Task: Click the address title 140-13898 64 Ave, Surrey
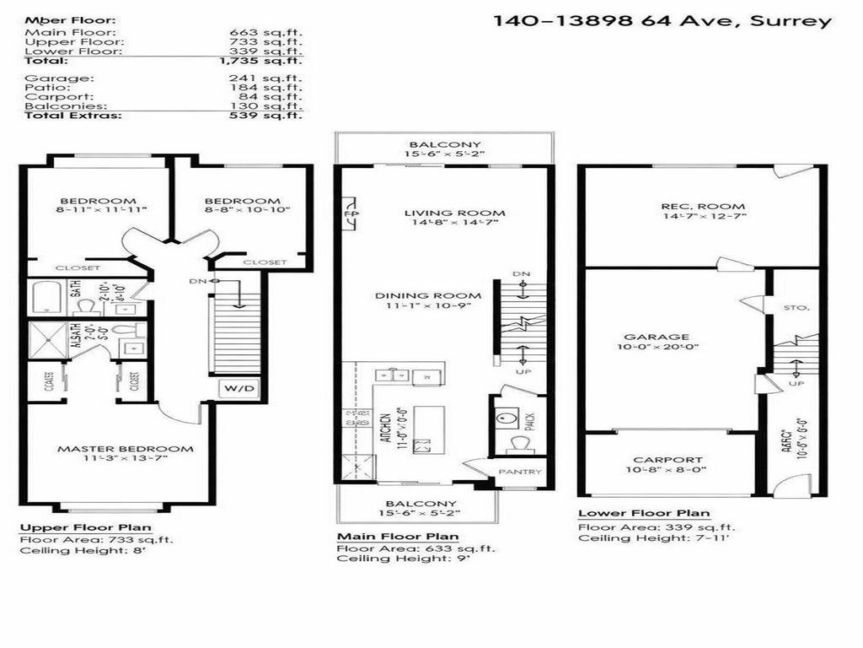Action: (x=662, y=21)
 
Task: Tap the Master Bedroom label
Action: (x=125, y=449)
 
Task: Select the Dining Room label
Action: (x=441, y=295)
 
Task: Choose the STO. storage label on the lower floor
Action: (x=796, y=308)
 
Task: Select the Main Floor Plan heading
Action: (x=398, y=537)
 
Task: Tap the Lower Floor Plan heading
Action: (x=643, y=513)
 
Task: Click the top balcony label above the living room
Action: (x=445, y=145)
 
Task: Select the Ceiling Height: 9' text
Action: (x=390, y=559)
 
